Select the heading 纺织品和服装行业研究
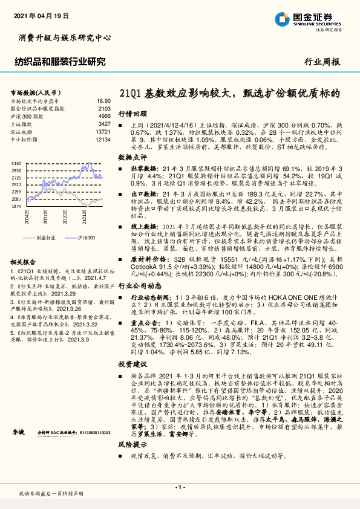coord(59,61)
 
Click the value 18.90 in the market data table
coord(103,101)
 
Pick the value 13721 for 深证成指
coord(103,131)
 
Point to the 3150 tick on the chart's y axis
coord(16,164)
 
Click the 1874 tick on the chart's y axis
coord(16,206)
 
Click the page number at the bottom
coord(180,487)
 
